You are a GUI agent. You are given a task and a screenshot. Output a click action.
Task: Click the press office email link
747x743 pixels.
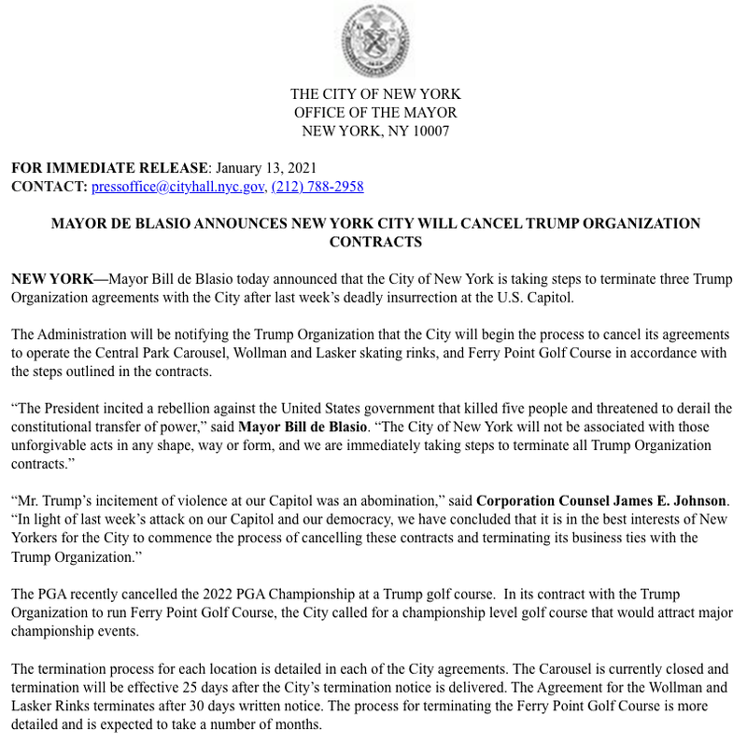click(x=177, y=187)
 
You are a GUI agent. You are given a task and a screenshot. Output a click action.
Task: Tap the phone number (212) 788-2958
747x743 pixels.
click(x=317, y=187)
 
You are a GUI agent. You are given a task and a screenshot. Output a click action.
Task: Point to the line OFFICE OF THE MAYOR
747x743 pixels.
click(x=373, y=113)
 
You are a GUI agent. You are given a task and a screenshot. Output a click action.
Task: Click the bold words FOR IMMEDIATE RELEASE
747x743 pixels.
click(x=108, y=168)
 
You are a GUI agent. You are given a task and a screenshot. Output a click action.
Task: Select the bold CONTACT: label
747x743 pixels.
click(x=49, y=187)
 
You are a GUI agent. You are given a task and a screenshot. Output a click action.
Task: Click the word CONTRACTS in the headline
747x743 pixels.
click(x=375, y=243)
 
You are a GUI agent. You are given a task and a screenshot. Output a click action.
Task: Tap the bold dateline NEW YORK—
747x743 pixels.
click(x=59, y=280)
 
